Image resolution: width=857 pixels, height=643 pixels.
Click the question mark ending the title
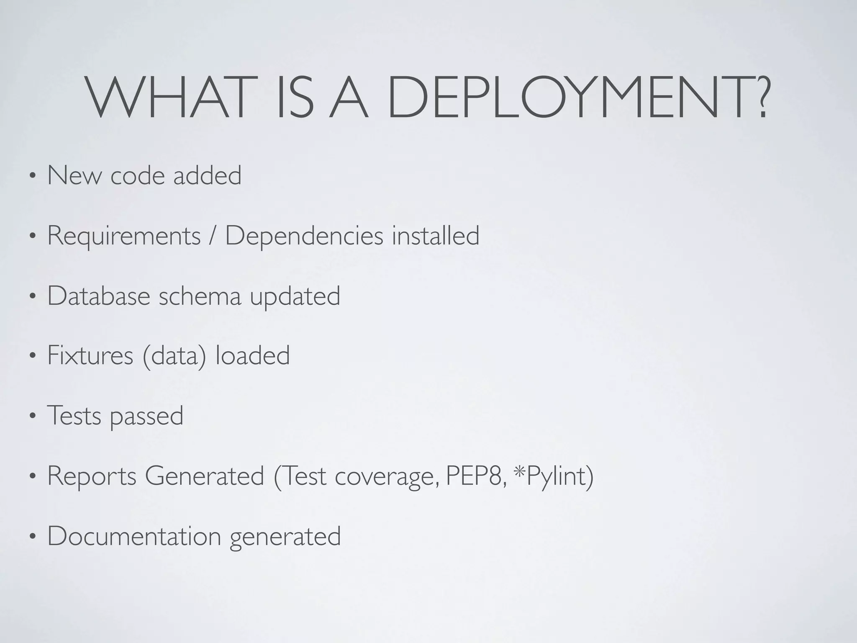(757, 97)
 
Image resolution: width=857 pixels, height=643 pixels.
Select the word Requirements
(124, 236)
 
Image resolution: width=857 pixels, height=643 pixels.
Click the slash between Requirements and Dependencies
(213, 236)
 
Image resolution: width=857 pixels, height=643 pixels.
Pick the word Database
(99, 296)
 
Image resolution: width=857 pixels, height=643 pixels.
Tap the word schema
(200, 296)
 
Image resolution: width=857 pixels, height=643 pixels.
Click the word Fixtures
(90, 356)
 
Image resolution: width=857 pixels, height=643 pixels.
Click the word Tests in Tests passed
(74, 416)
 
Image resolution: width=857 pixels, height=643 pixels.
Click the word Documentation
(134, 536)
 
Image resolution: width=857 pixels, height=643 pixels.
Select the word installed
(436, 236)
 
